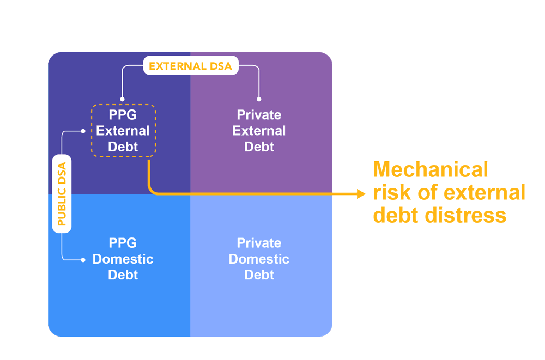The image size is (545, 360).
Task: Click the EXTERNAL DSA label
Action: [x=190, y=66]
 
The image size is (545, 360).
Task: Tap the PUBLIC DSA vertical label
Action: [x=62, y=193]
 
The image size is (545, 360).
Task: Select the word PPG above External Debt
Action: [x=123, y=115]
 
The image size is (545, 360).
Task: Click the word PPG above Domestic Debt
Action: [x=123, y=243]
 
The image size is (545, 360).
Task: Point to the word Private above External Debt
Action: [x=259, y=115]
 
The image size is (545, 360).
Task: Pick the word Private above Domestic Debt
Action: [x=259, y=243]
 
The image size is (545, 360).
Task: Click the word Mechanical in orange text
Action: [x=431, y=169]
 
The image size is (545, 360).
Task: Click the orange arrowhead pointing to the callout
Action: [x=361, y=194]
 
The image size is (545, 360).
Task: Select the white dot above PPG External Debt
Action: [x=122, y=99]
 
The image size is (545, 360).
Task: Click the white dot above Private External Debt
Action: [x=259, y=99]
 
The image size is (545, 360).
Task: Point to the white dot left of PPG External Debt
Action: [x=83, y=131]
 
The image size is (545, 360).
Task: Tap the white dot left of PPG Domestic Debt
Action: [x=83, y=260]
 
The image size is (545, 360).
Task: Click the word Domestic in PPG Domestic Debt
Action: [x=123, y=259]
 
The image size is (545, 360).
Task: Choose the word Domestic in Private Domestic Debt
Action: [x=259, y=259]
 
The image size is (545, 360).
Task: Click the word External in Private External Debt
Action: [x=259, y=131]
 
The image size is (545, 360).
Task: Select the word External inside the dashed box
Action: [x=123, y=131]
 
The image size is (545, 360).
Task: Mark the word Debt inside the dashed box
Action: [x=123, y=147]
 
